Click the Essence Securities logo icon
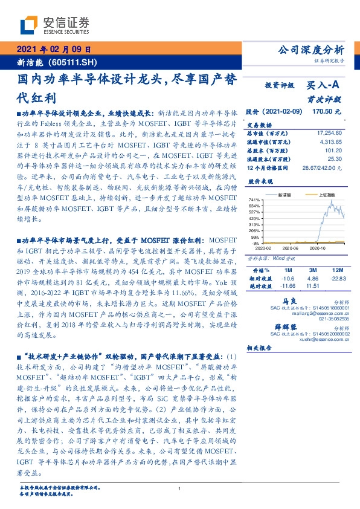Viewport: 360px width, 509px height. (30, 25)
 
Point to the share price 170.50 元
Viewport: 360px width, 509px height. (329, 112)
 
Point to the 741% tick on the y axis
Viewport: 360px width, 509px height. (254, 200)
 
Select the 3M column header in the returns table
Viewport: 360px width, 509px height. (312, 269)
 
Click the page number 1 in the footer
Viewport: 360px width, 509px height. (179, 488)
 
